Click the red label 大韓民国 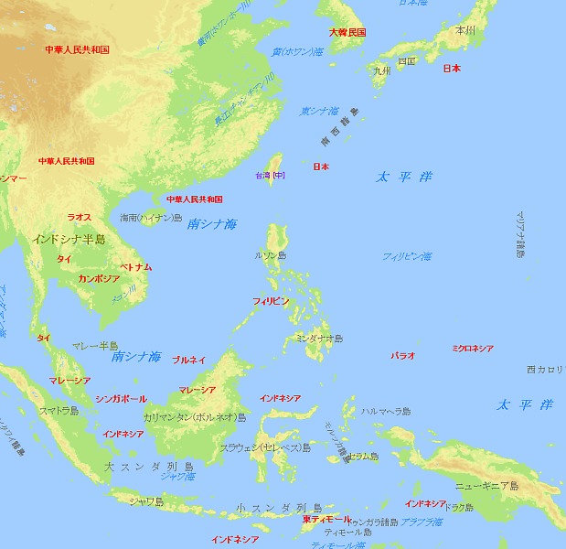coord(347,32)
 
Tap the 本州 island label coord(465,30)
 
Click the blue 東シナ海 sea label coord(321,111)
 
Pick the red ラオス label coord(80,217)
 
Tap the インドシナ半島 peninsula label coord(69,239)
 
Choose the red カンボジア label coord(99,278)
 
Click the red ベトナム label coord(136,266)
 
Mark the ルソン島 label coord(271,255)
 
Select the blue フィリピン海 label coord(407,256)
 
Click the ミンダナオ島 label coord(320,339)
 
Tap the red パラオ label coord(403,354)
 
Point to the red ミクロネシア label coord(473,348)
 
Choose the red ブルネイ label coord(188,361)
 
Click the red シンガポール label coord(121,399)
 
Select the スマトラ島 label coord(59,412)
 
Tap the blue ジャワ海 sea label coord(177,476)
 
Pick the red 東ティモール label coord(326,519)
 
